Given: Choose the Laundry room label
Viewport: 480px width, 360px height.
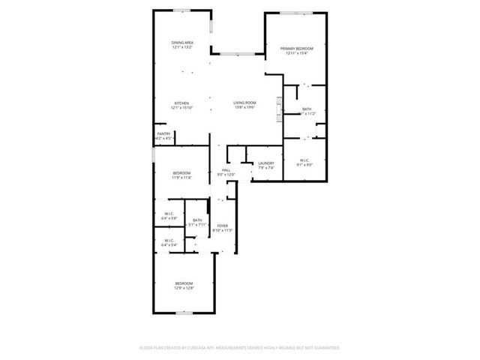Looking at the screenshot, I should [x=266, y=164].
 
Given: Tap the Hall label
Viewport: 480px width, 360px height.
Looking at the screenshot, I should [x=226, y=171].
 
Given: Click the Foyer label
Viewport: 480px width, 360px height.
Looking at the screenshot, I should [x=223, y=226].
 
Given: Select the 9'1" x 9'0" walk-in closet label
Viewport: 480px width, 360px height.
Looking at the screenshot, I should [x=304, y=163].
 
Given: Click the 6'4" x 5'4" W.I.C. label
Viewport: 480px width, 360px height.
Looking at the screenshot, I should [x=169, y=244].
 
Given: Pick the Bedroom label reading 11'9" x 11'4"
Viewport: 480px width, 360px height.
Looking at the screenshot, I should [x=182, y=175].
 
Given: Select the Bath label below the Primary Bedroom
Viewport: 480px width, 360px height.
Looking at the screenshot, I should [x=307, y=110].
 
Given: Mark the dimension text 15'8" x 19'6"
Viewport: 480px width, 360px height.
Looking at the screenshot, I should [x=244, y=108].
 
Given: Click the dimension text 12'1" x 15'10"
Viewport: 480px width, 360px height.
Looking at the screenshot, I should [x=182, y=108].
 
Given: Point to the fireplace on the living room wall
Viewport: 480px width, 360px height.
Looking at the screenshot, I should [x=280, y=107].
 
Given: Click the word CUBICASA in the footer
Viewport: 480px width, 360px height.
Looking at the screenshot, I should [x=199, y=348].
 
